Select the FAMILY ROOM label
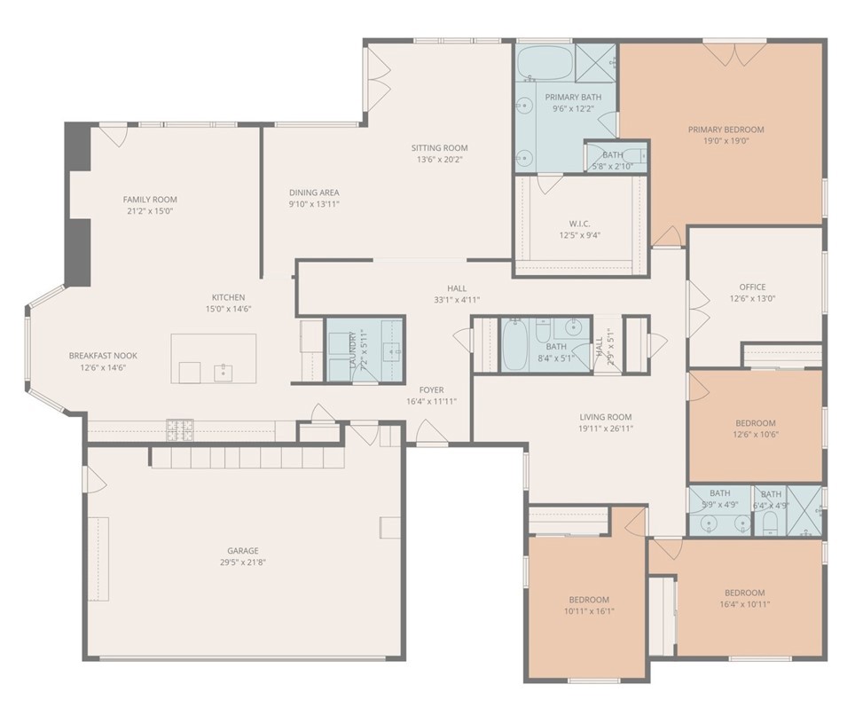pyautogui.click(x=150, y=200)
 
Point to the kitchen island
pyautogui.click(x=213, y=358)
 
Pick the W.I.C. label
pyautogui.click(x=579, y=223)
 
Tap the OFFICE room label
pyautogui.click(x=752, y=287)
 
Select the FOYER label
pyautogui.click(x=432, y=389)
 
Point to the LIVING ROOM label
pyautogui.click(x=606, y=417)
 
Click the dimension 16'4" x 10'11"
pyautogui.click(x=744, y=604)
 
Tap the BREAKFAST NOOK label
pyautogui.click(x=103, y=355)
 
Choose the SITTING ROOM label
pyautogui.click(x=439, y=148)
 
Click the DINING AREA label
pyautogui.click(x=314, y=193)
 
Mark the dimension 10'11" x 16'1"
pyautogui.click(x=589, y=610)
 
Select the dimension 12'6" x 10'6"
pyautogui.click(x=755, y=435)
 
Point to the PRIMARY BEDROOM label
pyautogui.click(x=726, y=130)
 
